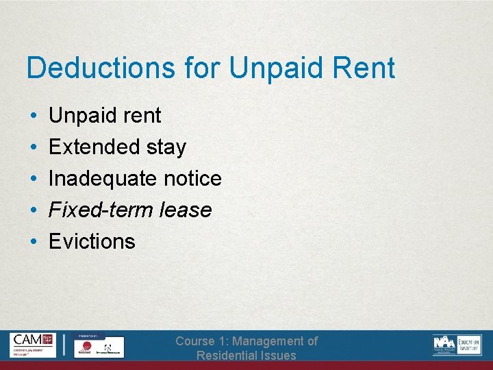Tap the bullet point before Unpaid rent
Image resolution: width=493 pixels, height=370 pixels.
tap(33, 116)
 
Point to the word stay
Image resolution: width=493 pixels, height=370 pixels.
tap(166, 147)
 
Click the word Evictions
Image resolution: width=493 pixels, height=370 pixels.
tap(92, 241)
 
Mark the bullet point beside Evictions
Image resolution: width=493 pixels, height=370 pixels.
tap(33, 242)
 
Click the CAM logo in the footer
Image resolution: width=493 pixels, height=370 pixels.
tap(32, 345)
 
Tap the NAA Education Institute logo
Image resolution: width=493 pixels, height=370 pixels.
tap(457, 345)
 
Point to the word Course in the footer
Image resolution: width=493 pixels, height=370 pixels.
tap(194, 341)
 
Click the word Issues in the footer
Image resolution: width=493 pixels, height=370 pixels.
tap(282, 356)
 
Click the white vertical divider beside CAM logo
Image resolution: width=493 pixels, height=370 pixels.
tap(64, 345)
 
